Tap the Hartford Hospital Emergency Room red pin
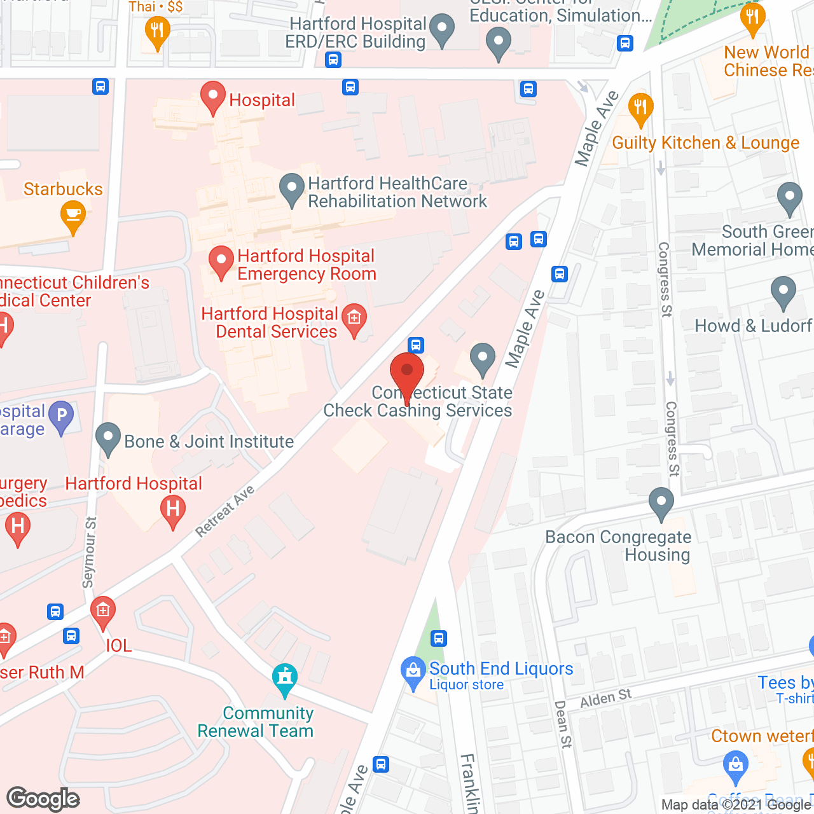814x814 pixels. [x=221, y=261]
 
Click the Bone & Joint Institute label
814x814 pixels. [x=209, y=441]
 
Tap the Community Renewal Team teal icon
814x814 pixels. [x=284, y=679]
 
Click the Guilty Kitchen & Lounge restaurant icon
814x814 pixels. [x=640, y=109]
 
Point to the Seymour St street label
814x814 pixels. [x=90, y=552]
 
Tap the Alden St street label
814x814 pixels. [x=605, y=698]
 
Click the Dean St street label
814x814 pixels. [x=563, y=724]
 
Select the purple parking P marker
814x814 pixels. [x=62, y=416]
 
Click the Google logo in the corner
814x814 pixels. [x=43, y=799]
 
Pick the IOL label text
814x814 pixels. [x=119, y=645]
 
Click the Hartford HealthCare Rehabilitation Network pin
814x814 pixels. [x=292, y=189]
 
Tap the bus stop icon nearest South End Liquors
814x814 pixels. [x=439, y=638]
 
